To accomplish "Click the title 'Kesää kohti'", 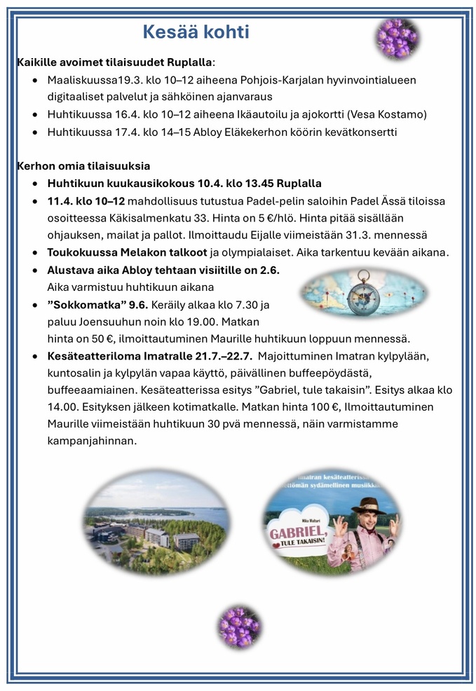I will (196, 32).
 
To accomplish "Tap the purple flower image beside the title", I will (397, 37).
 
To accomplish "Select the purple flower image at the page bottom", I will (240, 626).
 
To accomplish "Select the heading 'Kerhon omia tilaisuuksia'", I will (83, 166).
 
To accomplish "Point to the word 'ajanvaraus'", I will (245, 97).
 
